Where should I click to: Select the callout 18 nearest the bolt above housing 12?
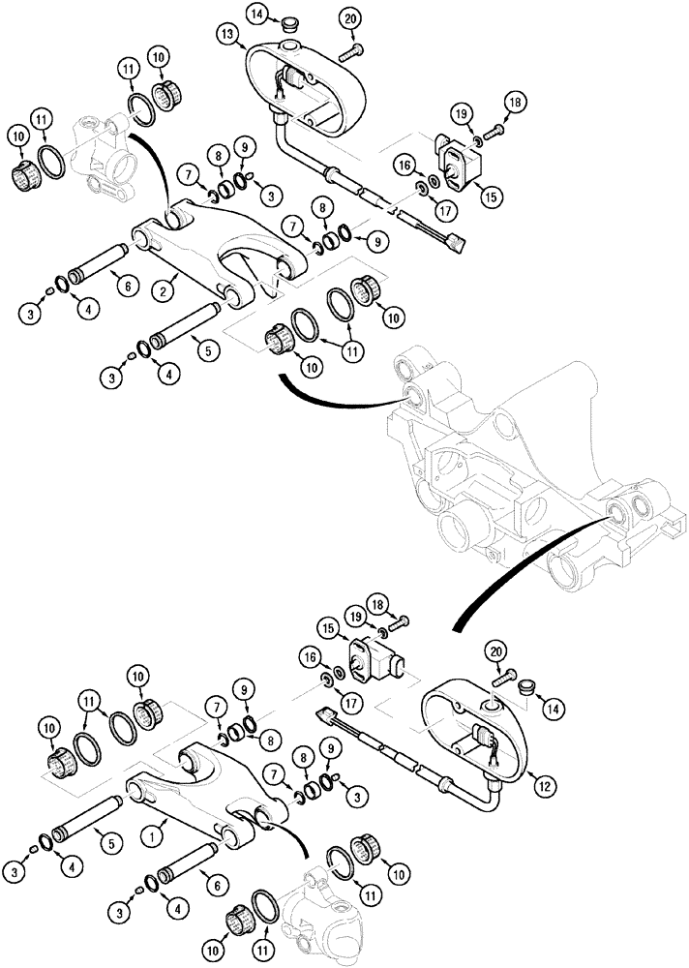tap(377, 603)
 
